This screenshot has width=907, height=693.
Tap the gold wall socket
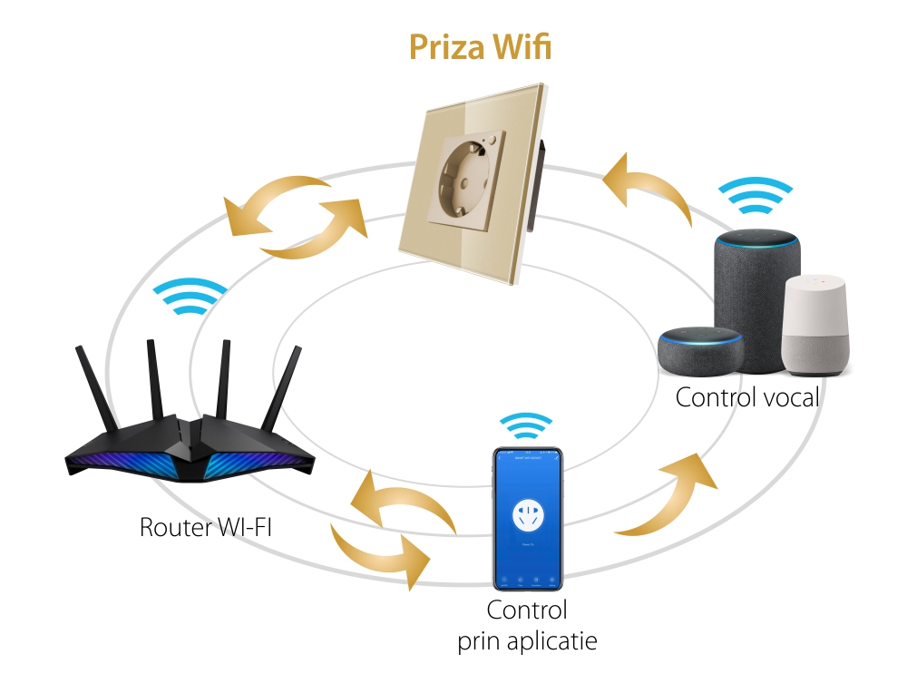point(471,181)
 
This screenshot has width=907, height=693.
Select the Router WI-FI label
point(205,527)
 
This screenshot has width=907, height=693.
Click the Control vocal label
point(747,397)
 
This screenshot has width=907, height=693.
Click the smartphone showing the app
point(527,517)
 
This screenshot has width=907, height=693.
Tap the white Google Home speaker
point(817,327)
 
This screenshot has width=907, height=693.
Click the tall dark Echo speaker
point(756,299)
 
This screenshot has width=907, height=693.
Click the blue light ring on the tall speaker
point(756,240)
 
